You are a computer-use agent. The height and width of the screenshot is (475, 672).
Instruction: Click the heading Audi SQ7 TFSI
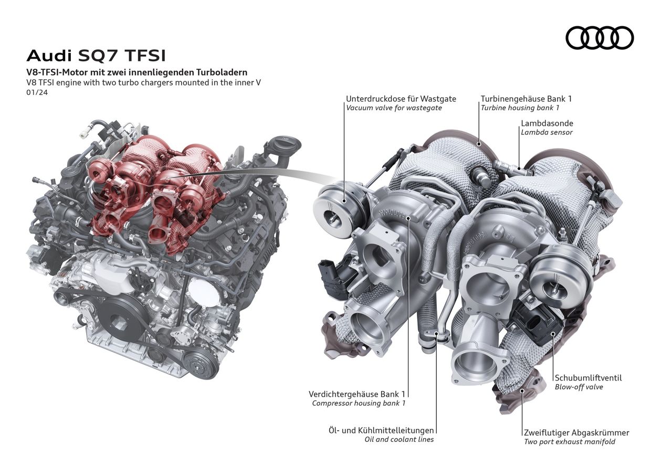click(x=96, y=56)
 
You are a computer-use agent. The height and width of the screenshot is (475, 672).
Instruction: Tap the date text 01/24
click(x=37, y=92)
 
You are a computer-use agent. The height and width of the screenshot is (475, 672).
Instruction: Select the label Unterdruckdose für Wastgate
click(x=401, y=99)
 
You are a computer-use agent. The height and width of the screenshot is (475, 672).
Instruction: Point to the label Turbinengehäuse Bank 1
click(x=526, y=99)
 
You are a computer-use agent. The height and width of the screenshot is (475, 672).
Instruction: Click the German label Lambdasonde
click(x=547, y=123)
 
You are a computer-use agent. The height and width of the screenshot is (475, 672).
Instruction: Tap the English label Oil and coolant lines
click(x=399, y=440)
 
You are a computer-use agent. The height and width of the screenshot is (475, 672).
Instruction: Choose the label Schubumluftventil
click(x=589, y=378)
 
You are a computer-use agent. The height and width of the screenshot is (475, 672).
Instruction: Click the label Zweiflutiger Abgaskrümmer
click(x=576, y=432)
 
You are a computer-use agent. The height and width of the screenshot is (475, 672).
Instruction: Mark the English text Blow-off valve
click(x=579, y=387)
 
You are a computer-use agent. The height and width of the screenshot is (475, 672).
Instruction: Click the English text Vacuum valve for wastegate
click(x=394, y=108)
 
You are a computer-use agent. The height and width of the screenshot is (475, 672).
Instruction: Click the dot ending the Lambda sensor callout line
click(x=519, y=168)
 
